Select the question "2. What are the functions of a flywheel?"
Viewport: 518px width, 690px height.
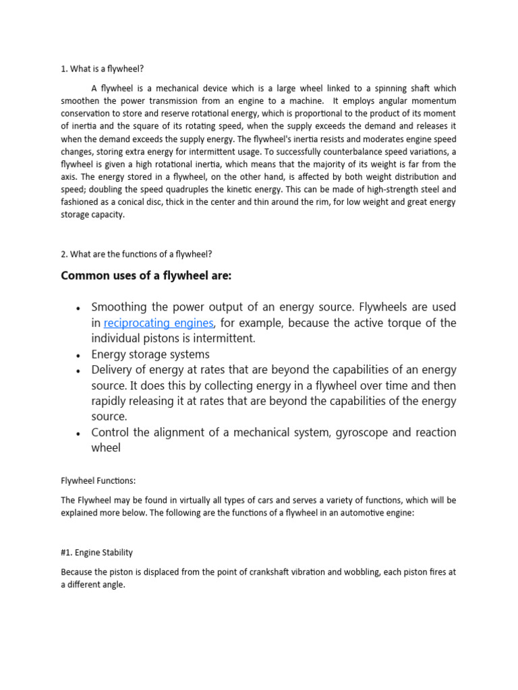pyautogui.click(x=136, y=253)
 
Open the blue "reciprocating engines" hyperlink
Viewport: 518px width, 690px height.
pyautogui.click(x=159, y=323)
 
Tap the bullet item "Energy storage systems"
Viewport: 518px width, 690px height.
pyautogui.click(x=150, y=354)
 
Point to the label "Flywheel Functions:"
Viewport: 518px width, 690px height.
pyautogui.click(x=98, y=481)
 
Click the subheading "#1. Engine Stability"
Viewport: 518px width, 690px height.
pyautogui.click(x=96, y=553)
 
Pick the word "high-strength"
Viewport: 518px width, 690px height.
pyautogui.click(x=386, y=190)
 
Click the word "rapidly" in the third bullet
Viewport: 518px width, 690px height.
pyautogui.click(x=112, y=402)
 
